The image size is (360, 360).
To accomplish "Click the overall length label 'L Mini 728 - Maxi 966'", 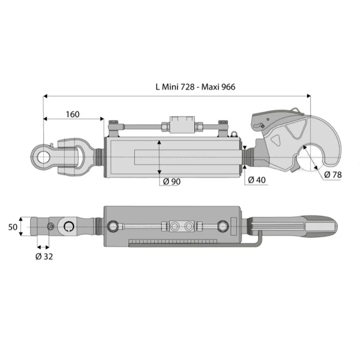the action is tap(195, 87).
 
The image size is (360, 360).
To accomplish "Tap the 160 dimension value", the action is tap(73, 114).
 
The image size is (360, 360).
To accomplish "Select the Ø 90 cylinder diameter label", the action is tap(172, 182).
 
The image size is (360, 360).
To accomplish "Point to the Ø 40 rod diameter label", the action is tap(256, 180).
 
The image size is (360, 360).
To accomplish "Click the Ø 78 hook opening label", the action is tap(333, 175).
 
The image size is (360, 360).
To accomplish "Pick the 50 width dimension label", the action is tap(13, 227).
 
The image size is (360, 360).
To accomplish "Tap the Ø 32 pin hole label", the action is tap(44, 256).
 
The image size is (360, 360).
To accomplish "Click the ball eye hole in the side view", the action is tap(43, 157).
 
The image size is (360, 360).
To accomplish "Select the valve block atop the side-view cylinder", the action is tap(182, 124).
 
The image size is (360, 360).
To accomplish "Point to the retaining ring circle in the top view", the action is tap(69, 227).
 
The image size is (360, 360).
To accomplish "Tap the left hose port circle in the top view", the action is tap(113, 226).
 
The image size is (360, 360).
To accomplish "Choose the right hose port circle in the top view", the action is tap(223, 226).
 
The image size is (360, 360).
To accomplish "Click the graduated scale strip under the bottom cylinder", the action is tap(173, 241).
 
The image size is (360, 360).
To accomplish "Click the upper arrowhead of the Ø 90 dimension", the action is tap(159, 143).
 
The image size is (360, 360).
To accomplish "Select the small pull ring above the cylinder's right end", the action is tap(234, 133).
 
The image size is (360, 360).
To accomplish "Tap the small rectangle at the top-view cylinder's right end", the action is tap(234, 226).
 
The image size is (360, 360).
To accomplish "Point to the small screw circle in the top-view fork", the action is tap(50, 227).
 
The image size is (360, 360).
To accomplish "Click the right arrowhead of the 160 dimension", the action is tap(102, 119).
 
